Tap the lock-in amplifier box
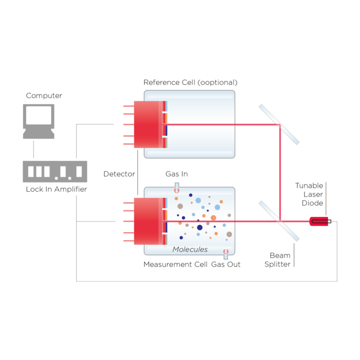[x=55, y=171]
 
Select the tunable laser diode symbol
[x=318, y=221]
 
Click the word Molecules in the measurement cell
[x=190, y=249]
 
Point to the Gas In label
[x=176, y=174]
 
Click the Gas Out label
[x=225, y=264]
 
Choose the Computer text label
[x=44, y=95]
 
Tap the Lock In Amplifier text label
[x=56, y=189]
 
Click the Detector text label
[x=119, y=174]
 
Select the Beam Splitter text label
[x=277, y=259]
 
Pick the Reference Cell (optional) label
[x=190, y=82]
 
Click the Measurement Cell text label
[x=175, y=264]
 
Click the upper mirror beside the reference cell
[x=278, y=124]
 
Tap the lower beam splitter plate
[x=278, y=220]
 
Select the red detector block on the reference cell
[x=148, y=124]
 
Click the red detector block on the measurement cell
[x=148, y=220]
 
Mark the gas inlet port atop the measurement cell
[x=176, y=189]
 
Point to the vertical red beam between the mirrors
[x=280, y=172]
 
